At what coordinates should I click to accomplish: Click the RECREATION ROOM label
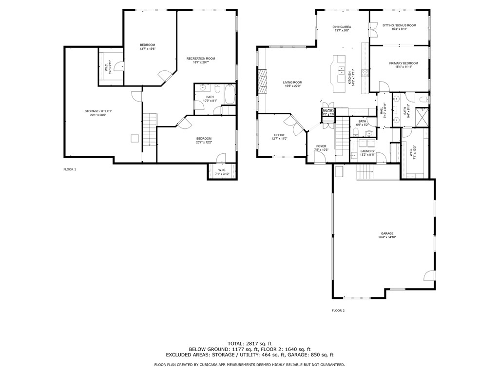200,59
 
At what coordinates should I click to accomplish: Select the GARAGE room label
387,233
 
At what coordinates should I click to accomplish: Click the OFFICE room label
279,135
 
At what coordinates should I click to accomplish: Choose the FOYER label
321,146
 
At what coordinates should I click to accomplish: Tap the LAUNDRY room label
367,151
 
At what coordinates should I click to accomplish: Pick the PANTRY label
328,111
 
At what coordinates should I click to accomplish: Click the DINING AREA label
342,27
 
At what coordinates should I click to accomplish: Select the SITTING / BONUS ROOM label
399,25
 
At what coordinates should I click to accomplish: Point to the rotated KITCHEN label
349,79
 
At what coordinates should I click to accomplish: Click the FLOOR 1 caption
70,169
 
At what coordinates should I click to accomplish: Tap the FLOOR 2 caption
338,311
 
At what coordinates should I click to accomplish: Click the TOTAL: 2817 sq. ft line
249,343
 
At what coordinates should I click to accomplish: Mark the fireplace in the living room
263,81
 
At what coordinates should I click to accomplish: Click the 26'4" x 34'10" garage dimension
387,238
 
